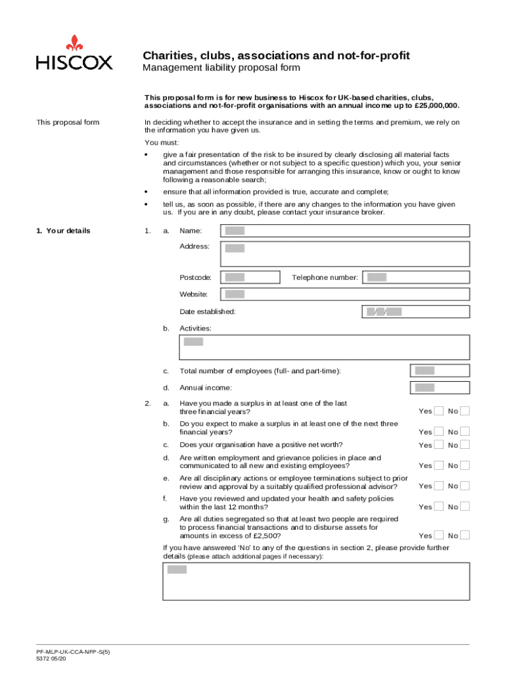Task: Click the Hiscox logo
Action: tap(74, 53)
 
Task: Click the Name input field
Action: tap(345, 231)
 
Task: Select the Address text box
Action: tap(345, 253)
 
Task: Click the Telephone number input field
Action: tap(415, 277)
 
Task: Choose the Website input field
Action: tap(345, 294)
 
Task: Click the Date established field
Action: tap(415, 312)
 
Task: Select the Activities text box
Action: tap(325, 347)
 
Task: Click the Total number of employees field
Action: tap(439, 371)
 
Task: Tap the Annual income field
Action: tap(439, 388)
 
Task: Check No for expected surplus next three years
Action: tap(465, 432)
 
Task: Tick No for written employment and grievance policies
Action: tap(465, 465)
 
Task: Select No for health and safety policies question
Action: tap(465, 507)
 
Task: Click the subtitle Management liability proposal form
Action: tap(222, 68)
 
